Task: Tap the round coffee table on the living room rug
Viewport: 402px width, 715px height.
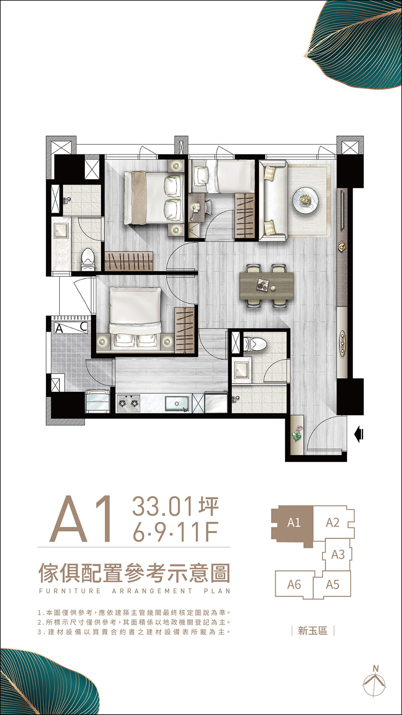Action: [x=306, y=200]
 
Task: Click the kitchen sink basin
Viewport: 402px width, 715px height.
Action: [x=177, y=404]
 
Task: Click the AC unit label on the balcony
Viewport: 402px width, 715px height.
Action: [x=71, y=328]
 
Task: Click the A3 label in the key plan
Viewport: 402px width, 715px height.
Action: [x=338, y=555]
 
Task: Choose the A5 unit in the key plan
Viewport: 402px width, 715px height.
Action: [x=332, y=585]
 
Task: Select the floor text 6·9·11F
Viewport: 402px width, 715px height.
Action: [x=175, y=531]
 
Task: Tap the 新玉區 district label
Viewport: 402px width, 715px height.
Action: [x=313, y=631]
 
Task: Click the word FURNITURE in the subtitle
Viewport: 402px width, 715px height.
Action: [x=70, y=591]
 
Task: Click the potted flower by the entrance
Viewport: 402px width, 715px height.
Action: [x=297, y=433]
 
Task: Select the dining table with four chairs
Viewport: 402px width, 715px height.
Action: [x=266, y=286]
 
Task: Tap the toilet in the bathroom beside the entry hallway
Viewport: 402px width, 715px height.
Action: [x=255, y=344]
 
